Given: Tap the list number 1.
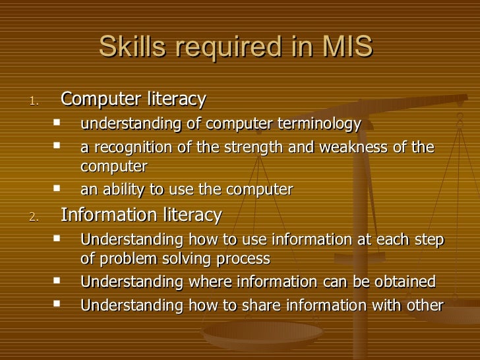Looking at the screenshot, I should tap(36, 102).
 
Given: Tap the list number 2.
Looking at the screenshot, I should tap(36, 217).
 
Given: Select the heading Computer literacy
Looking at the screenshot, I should tap(133, 100).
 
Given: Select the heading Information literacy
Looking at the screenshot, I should tap(141, 215).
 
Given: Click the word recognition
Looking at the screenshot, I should tap(129, 148).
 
